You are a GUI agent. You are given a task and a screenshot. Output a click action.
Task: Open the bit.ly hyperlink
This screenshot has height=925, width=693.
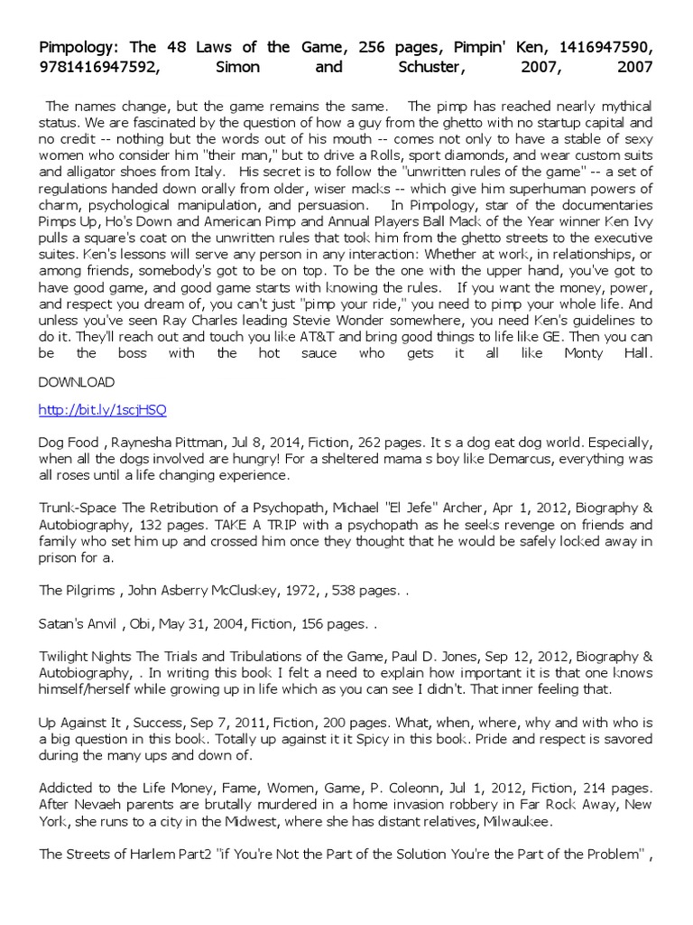(x=102, y=409)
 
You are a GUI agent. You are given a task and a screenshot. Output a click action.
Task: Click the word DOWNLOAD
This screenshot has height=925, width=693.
(x=77, y=382)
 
